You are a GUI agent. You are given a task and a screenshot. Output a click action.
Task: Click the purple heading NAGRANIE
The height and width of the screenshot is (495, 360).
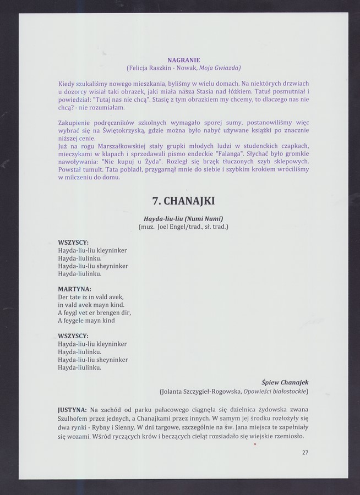(184, 59)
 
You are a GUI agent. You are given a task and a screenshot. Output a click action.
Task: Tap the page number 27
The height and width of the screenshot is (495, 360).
(305, 453)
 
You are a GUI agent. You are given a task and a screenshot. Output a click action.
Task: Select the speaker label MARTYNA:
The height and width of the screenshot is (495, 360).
(74, 289)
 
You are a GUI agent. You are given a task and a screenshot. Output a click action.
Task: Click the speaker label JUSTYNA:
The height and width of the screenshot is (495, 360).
(72, 410)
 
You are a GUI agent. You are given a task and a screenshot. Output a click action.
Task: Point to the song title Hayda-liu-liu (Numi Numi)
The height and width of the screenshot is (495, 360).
(183, 218)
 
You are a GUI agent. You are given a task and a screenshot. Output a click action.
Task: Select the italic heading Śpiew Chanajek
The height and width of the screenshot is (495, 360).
(285, 382)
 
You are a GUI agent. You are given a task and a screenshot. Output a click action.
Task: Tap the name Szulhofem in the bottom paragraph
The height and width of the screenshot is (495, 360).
(76, 419)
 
